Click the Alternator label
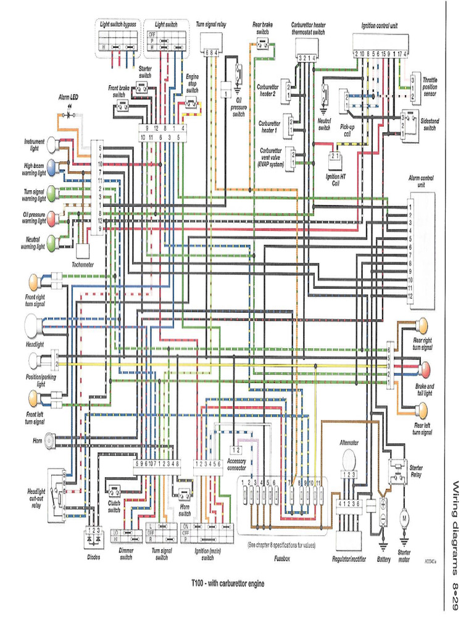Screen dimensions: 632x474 (x=349, y=443)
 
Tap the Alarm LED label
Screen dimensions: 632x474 (x=68, y=98)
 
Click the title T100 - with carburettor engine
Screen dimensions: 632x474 (x=228, y=583)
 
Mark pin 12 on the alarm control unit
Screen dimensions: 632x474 (x=409, y=296)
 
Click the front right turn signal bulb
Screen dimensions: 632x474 (x=34, y=283)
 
